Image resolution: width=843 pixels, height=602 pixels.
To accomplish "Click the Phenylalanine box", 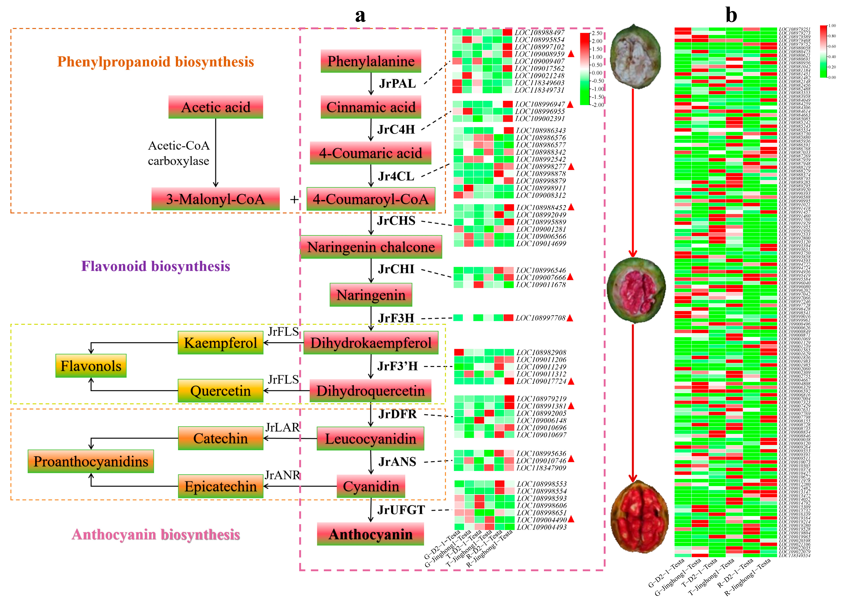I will (x=370, y=61).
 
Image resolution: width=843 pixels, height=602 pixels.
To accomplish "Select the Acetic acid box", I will (x=216, y=107).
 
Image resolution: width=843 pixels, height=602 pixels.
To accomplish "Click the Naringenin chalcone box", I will (x=371, y=247).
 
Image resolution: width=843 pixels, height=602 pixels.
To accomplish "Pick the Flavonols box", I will (x=91, y=366).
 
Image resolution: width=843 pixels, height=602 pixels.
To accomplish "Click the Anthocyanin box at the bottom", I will (x=370, y=534).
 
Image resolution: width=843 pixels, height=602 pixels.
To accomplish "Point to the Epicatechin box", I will (x=220, y=486).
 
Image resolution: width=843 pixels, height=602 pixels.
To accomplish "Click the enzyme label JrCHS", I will (x=396, y=220).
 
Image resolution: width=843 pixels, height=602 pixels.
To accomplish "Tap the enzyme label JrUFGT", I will (x=401, y=510).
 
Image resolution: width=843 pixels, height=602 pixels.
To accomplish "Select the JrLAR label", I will (x=282, y=427).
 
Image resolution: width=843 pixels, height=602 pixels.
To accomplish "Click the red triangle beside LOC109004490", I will (x=571, y=519).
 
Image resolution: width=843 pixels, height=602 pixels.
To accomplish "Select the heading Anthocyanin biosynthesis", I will (x=156, y=535).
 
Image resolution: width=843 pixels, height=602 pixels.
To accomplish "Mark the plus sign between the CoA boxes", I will (x=294, y=199).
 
